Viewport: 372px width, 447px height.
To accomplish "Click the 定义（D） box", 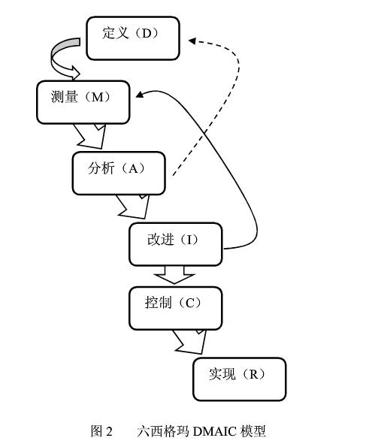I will [x=133, y=38].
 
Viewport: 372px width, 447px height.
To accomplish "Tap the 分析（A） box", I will [x=119, y=173].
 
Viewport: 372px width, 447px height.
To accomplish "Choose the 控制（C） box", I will [x=175, y=307].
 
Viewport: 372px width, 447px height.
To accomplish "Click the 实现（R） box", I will [x=239, y=379].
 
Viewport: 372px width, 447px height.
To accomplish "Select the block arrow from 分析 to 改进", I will [x=134, y=205].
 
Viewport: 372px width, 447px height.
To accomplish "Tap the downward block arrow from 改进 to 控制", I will [x=175, y=274].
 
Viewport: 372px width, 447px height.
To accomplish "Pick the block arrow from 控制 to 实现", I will [x=191, y=343].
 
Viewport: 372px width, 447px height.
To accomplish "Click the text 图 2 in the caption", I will [x=101, y=431].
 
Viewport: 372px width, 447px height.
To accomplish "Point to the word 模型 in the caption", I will [x=253, y=431].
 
